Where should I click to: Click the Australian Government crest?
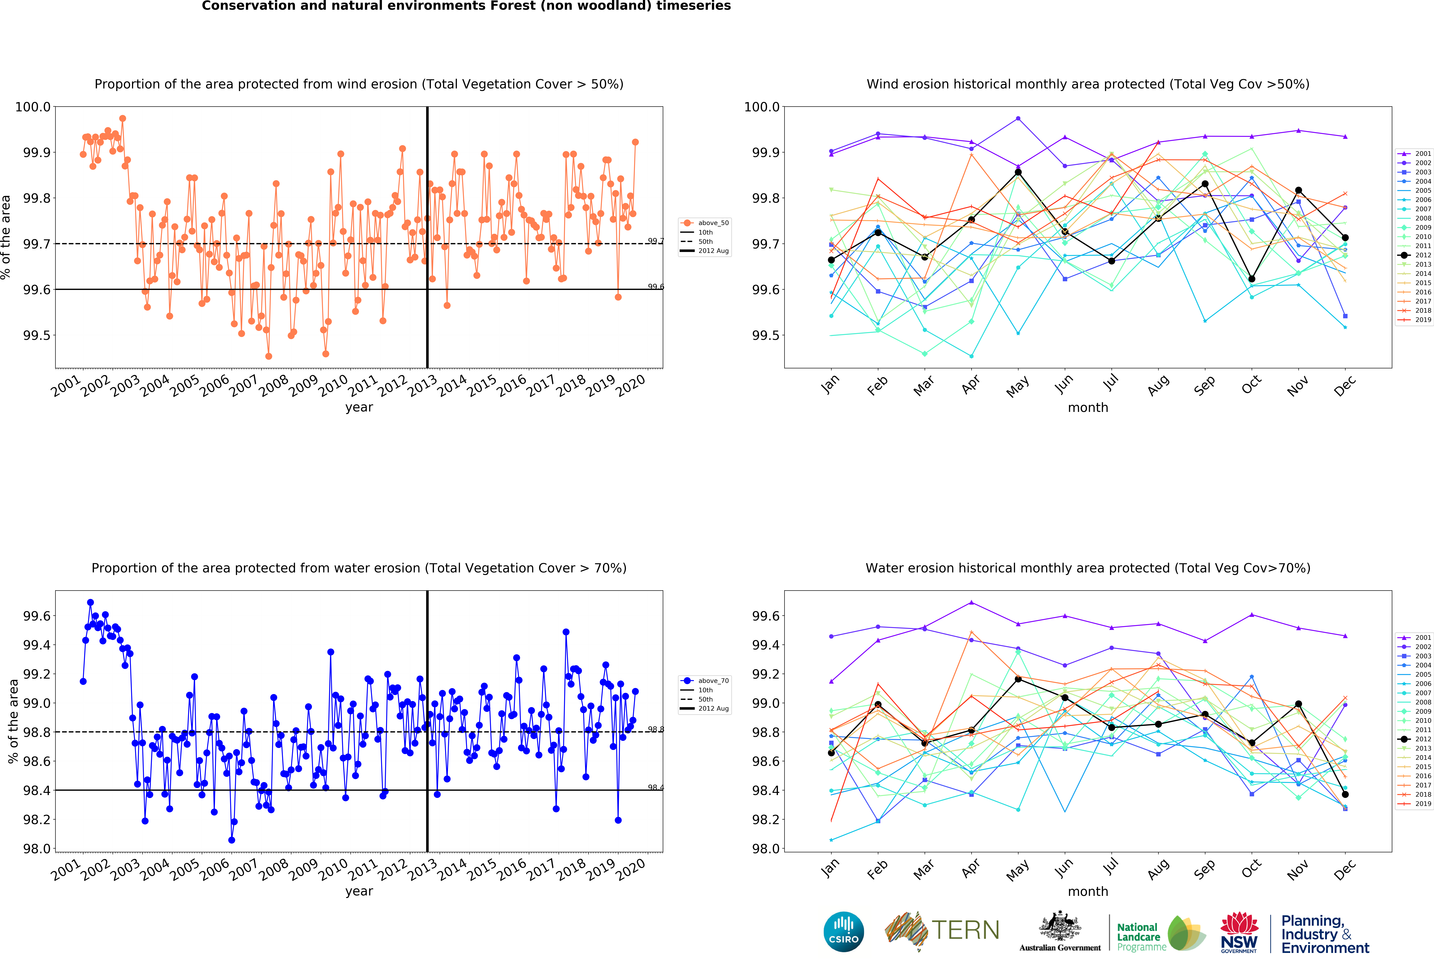[1059, 926]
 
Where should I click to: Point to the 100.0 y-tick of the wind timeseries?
[33, 107]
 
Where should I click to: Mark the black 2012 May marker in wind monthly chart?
[1018, 172]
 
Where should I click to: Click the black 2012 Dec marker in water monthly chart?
[1345, 794]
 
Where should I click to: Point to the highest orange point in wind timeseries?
[123, 118]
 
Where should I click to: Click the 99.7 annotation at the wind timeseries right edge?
[655, 241]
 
